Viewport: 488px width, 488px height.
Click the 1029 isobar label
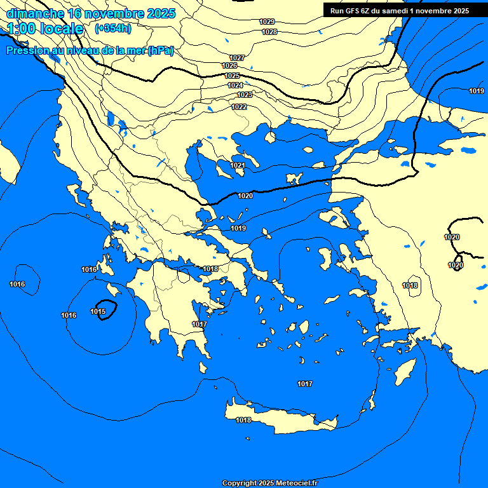pyautogui.click(x=268, y=22)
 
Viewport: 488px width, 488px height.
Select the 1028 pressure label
pyautogui.click(x=269, y=32)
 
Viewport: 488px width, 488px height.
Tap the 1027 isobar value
pyautogui.click(x=237, y=58)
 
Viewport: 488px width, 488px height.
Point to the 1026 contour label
pyautogui.click(x=229, y=66)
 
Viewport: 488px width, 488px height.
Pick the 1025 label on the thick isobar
pyautogui.click(x=233, y=76)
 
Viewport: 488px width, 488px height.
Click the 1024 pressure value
pyautogui.click(x=235, y=85)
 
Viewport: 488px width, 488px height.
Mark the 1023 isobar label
pyautogui.click(x=244, y=95)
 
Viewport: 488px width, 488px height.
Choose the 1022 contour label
pyautogui.click(x=239, y=107)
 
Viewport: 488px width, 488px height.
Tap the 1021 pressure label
pyautogui.click(x=238, y=165)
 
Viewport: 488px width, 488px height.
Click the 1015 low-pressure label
pyautogui.click(x=98, y=311)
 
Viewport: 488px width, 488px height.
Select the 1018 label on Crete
pyautogui.click(x=243, y=420)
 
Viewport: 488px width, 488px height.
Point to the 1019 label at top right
pyautogui.click(x=477, y=91)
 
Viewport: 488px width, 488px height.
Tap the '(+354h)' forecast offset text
pyautogui.click(x=112, y=29)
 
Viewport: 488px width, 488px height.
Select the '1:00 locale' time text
pyautogui.click(x=45, y=29)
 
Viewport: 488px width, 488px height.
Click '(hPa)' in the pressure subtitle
pyautogui.click(x=160, y=51)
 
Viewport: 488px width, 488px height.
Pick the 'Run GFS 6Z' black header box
pyautogui.click(x=400, y=11)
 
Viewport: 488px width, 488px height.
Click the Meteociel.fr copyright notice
pyautogui.click(x=269, y=484)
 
